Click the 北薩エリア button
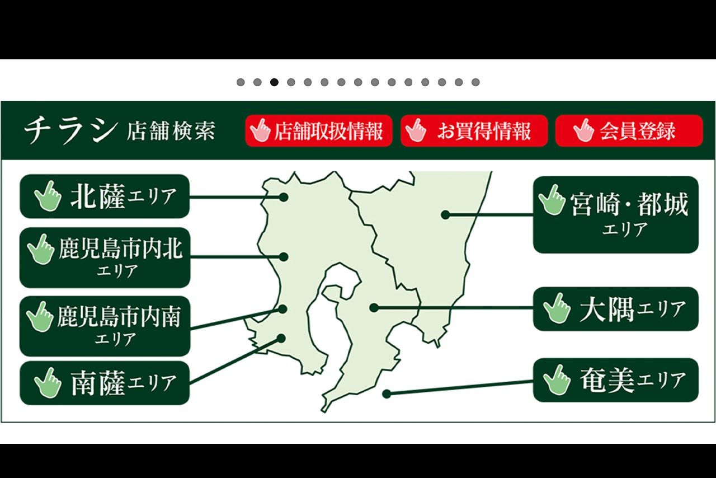(x=105, y=196)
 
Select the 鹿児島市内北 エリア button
(x=105, y=257)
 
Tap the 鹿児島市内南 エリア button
(x=105, y=326)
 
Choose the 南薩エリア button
(x=105, y=383)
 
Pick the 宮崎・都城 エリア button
(x=615, y=214)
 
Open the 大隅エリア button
(x=615, y=309)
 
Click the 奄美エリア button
(x=615, y=381)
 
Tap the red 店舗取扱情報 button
(x=318, y=131)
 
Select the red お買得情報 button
(x=474, y=131)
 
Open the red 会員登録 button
(x=629, y=131)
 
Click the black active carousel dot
(x=274, y=82)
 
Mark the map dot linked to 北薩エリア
(x=284, y=197)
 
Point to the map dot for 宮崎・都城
(x=445, y=214)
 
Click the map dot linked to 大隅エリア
(x=374, y=307)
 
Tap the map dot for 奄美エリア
(x=386, y=394)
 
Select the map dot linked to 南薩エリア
(x=281, y=338)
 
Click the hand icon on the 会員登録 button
(x=584, y=130)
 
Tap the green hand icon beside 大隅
(x=557, y=308)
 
